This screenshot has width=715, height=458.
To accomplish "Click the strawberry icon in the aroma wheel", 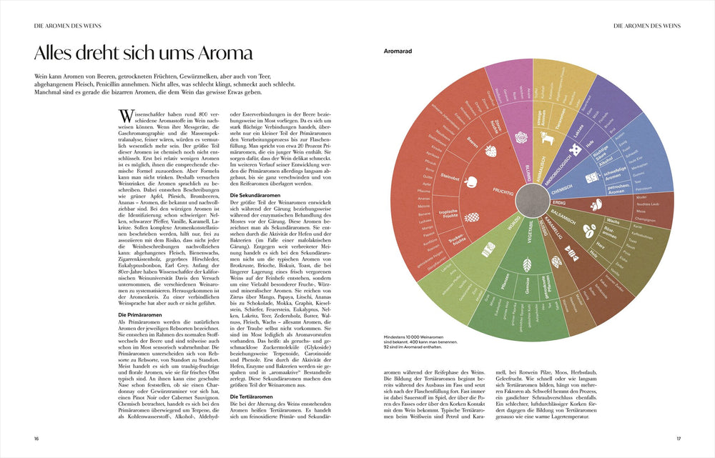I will pos(491,150).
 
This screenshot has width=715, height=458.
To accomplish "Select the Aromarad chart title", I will pos(398,51).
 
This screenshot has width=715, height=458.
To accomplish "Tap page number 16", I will pos(36,438).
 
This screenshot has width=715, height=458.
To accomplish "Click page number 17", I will pos(679,438).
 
